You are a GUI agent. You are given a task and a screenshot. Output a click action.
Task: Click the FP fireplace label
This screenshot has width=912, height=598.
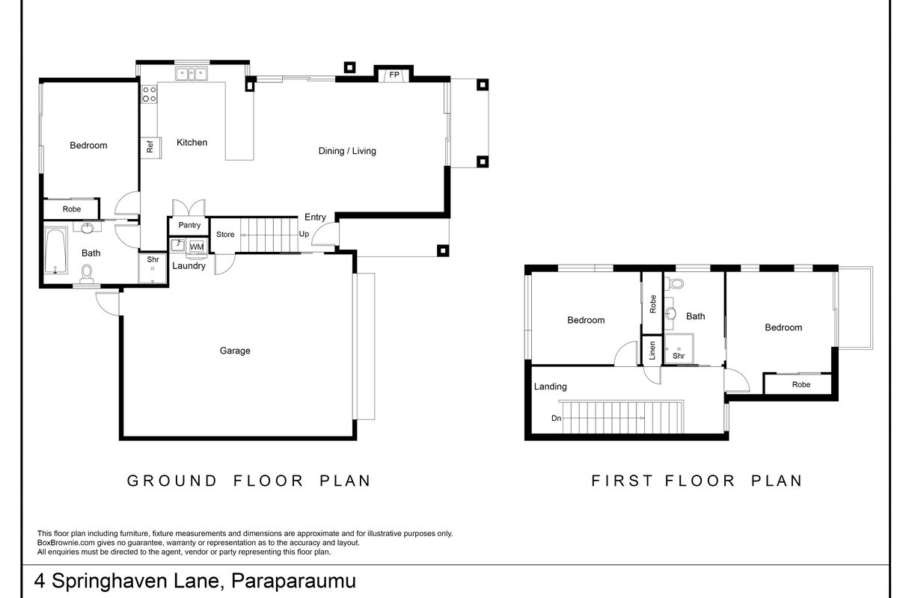pyautogui.click(x=394, y=75)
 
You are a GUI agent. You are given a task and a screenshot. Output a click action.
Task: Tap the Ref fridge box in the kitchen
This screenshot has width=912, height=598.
pyautogui.click(x=150, y=148)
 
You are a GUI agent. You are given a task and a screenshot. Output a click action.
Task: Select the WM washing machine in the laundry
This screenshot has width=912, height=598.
pyautogui.click(x=197, y=247)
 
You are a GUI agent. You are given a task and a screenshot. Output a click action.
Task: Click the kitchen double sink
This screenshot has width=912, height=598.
pyautogui.click(x=192, y=73)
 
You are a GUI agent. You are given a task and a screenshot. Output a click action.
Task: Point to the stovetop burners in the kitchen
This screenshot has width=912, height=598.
pyautogui.click(x=150, y=94)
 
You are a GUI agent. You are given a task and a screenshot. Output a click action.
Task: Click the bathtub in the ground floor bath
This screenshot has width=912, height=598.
pyautogui.click(x=56, y=251)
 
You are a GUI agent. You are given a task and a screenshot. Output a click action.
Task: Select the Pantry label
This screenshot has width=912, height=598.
pyautogui.click(x=189, y=225)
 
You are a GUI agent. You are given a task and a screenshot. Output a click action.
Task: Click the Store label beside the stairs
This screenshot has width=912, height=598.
pyautogui.click(x=225, y=235)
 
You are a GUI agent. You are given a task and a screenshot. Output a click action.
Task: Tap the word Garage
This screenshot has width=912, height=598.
pyautogui.click(x=235, y=351)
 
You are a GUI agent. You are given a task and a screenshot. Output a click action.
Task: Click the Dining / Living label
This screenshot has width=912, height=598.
pyautogui.click(x=347, y=151)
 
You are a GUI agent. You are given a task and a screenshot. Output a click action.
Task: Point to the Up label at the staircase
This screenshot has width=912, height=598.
pyautogui.click(x=304, y=234)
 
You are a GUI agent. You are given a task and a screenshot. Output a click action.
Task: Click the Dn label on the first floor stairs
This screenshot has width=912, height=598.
pyautogui.click(x=556, y=419)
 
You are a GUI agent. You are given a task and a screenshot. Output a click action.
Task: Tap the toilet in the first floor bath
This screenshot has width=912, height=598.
pyautogui.click(x=676, y=283)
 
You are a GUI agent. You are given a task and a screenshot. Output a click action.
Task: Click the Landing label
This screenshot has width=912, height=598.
pyautogui.click(x=550, y=386)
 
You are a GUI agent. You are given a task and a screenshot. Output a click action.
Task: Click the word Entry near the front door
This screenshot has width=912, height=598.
pyautogui.click(x=315, y=218)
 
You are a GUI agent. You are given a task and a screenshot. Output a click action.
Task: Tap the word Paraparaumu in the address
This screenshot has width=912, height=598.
pyautogui.click(x=293, y=581)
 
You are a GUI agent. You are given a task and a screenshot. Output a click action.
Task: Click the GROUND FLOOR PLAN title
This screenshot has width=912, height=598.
pyautogui.click(x=249, y=481)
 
